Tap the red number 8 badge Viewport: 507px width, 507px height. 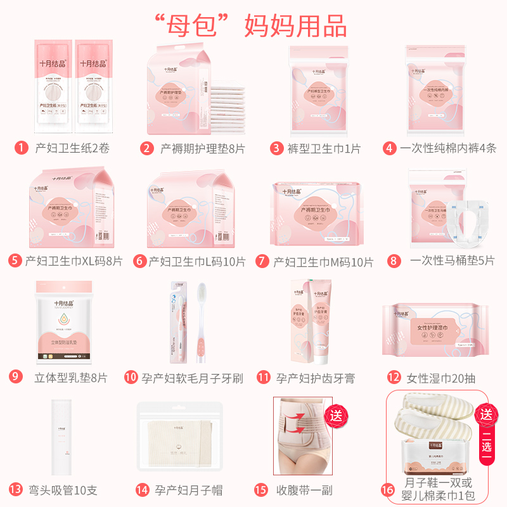[395, 261]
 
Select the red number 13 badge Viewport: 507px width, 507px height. [15, 490]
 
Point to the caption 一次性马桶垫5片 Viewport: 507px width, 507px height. [452, 261]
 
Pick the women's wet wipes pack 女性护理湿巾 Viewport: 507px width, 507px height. [437, 330]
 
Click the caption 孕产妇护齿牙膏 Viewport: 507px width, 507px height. [315, 378]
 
